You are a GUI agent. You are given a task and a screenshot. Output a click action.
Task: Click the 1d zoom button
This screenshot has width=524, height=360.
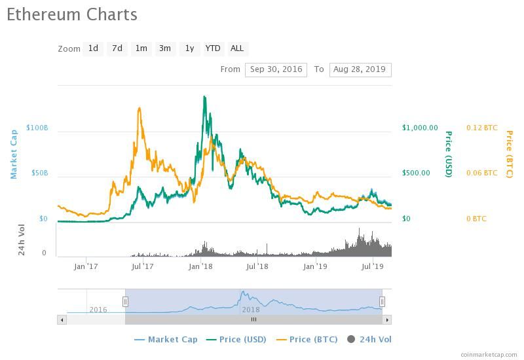93,48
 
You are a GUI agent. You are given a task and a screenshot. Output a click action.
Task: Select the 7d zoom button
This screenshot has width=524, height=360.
117,48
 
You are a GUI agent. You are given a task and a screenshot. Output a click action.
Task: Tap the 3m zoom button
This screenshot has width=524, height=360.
165,48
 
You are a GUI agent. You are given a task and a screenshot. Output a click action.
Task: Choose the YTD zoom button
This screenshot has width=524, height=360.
213,48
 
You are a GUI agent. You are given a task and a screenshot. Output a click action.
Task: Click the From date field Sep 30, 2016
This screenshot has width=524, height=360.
276,69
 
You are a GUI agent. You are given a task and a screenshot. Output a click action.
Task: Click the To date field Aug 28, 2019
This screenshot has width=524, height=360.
360,69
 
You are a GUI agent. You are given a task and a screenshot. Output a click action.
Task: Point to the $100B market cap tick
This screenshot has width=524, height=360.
37,128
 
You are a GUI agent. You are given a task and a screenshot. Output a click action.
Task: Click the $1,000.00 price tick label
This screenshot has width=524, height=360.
420,128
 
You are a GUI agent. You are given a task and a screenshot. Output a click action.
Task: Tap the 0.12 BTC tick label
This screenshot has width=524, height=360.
481,128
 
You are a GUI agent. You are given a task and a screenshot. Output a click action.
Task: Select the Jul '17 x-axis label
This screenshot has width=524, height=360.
142,266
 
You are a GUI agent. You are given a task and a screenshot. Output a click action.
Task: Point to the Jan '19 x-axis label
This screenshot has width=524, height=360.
315,266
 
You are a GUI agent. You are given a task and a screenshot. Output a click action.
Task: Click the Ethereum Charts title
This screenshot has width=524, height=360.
72,14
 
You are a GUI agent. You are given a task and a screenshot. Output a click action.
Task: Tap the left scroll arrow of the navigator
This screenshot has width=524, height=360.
62,320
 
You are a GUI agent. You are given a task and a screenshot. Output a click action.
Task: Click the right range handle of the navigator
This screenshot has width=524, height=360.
382,302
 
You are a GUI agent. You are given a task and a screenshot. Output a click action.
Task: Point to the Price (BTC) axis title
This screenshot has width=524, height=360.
509,154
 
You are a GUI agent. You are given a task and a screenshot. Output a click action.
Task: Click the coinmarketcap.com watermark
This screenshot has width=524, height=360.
489,354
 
